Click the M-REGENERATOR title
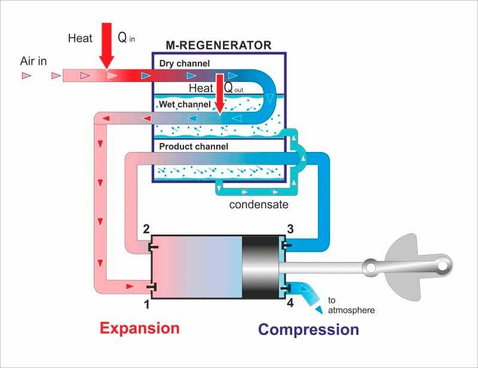coord(218,45)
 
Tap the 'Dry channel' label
coord(185,63)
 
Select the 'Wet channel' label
coord(185,104)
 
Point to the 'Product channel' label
coord(194,146)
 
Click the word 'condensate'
coord(259,204)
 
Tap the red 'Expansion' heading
coord(140,329)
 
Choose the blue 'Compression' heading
coord(308,330)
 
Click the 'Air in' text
coord(33,61)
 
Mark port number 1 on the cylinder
coord(146,304)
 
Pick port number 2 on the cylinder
coord(146,229)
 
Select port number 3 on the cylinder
coord(290,229)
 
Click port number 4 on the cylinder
coord(290,303)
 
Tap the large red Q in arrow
coord(107,46)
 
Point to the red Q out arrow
coord(220,94)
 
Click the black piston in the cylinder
coord(261,267)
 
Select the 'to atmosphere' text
coord(351,305)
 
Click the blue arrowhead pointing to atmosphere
coord(319,310)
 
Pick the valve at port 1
coord(152,287)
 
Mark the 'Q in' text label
coord(126,38)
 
